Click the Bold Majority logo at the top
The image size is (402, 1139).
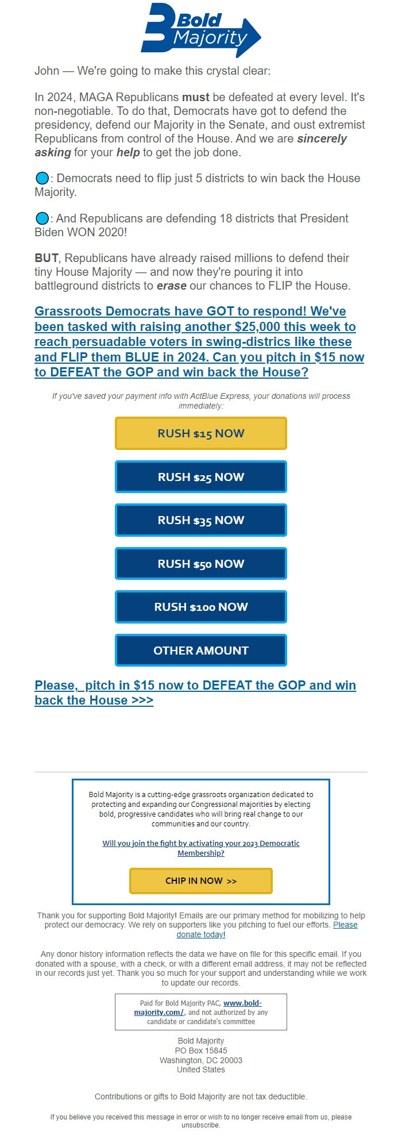[x=200, y=30]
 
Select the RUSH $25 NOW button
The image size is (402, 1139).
[x=201, y=477]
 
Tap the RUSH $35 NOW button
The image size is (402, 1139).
[x=201, y=520]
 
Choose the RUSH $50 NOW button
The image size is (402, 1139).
[x=201, y=564]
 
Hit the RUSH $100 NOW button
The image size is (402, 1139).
[x=201, y=607]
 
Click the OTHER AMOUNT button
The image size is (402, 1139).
[x=201, y=651]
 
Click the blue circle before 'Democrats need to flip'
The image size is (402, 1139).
[x=42, y=178]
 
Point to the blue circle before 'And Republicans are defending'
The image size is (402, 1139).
[x=42, y=218]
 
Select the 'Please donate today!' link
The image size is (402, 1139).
[x=200, y=934]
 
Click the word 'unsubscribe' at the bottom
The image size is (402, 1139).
[x=200, y=1125]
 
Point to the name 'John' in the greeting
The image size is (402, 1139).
[x=47, y=71]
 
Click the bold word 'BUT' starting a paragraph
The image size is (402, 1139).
[x=46, y=258]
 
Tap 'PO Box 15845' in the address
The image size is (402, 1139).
[x=201, y=1051]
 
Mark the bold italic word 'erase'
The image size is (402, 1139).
[x=171, y=286]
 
